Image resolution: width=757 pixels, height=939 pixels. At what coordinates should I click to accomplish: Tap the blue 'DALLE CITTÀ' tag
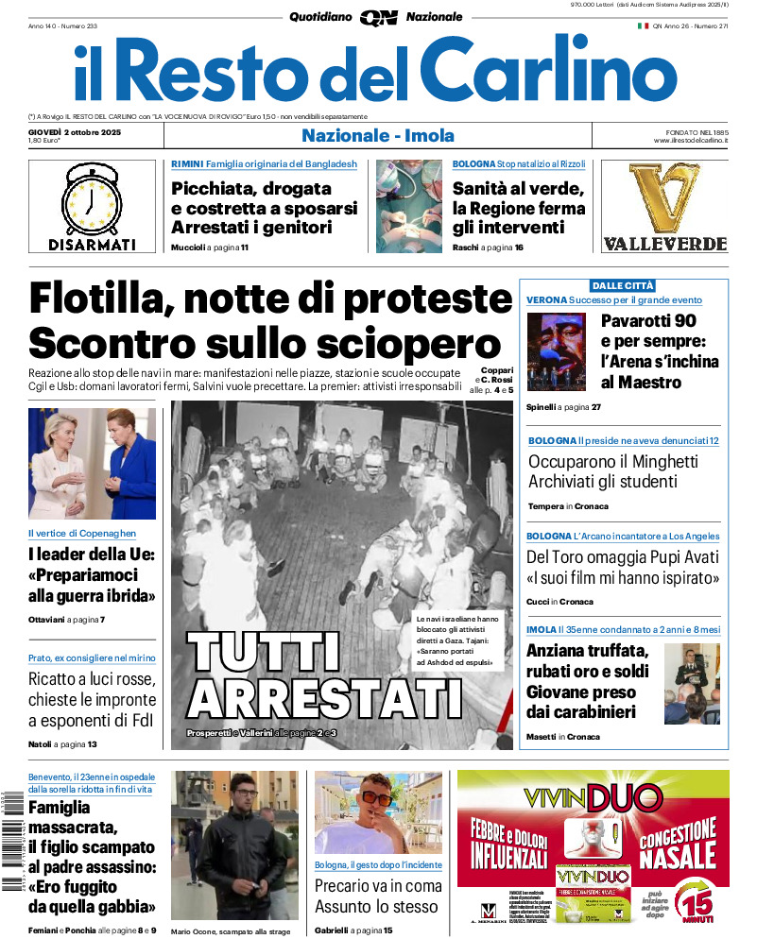pyautogui.click(x=622, y=285)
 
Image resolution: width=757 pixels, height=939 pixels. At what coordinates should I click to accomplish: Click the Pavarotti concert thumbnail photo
pyautogui.click(x=556, y=352)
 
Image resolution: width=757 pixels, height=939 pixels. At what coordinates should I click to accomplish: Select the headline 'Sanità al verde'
pyautogui.click(x=518, y=188)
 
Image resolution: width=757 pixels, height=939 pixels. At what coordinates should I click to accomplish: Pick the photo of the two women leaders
pyautogui.click(x=92, y=464)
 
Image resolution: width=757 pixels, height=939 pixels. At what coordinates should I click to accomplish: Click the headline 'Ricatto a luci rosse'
pyautogui.click(x=91, y=679)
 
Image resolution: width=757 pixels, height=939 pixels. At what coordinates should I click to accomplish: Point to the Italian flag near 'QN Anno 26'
pyautogui.click(x=643, y=26)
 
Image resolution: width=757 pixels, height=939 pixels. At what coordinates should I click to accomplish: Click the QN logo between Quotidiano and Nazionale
pyautogui.click(x=378, y=17)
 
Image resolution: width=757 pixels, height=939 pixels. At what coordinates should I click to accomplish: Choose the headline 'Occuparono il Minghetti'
pyautogui.click(x=612, y=462)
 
